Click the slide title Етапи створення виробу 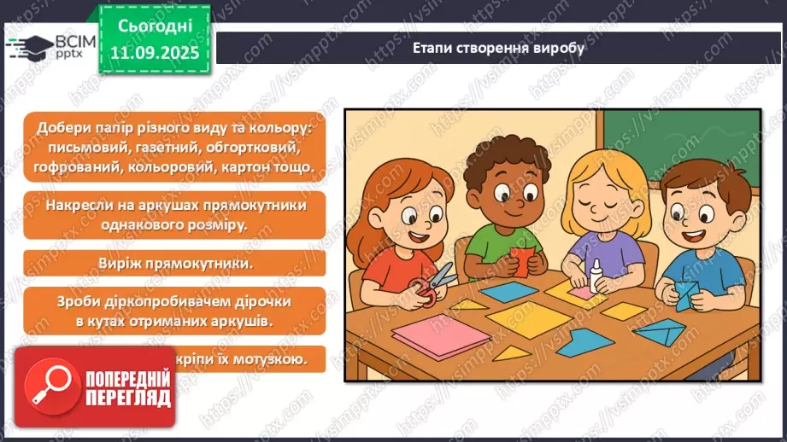498,48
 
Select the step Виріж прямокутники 174,263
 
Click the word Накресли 85,206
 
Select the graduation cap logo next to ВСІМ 28,47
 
